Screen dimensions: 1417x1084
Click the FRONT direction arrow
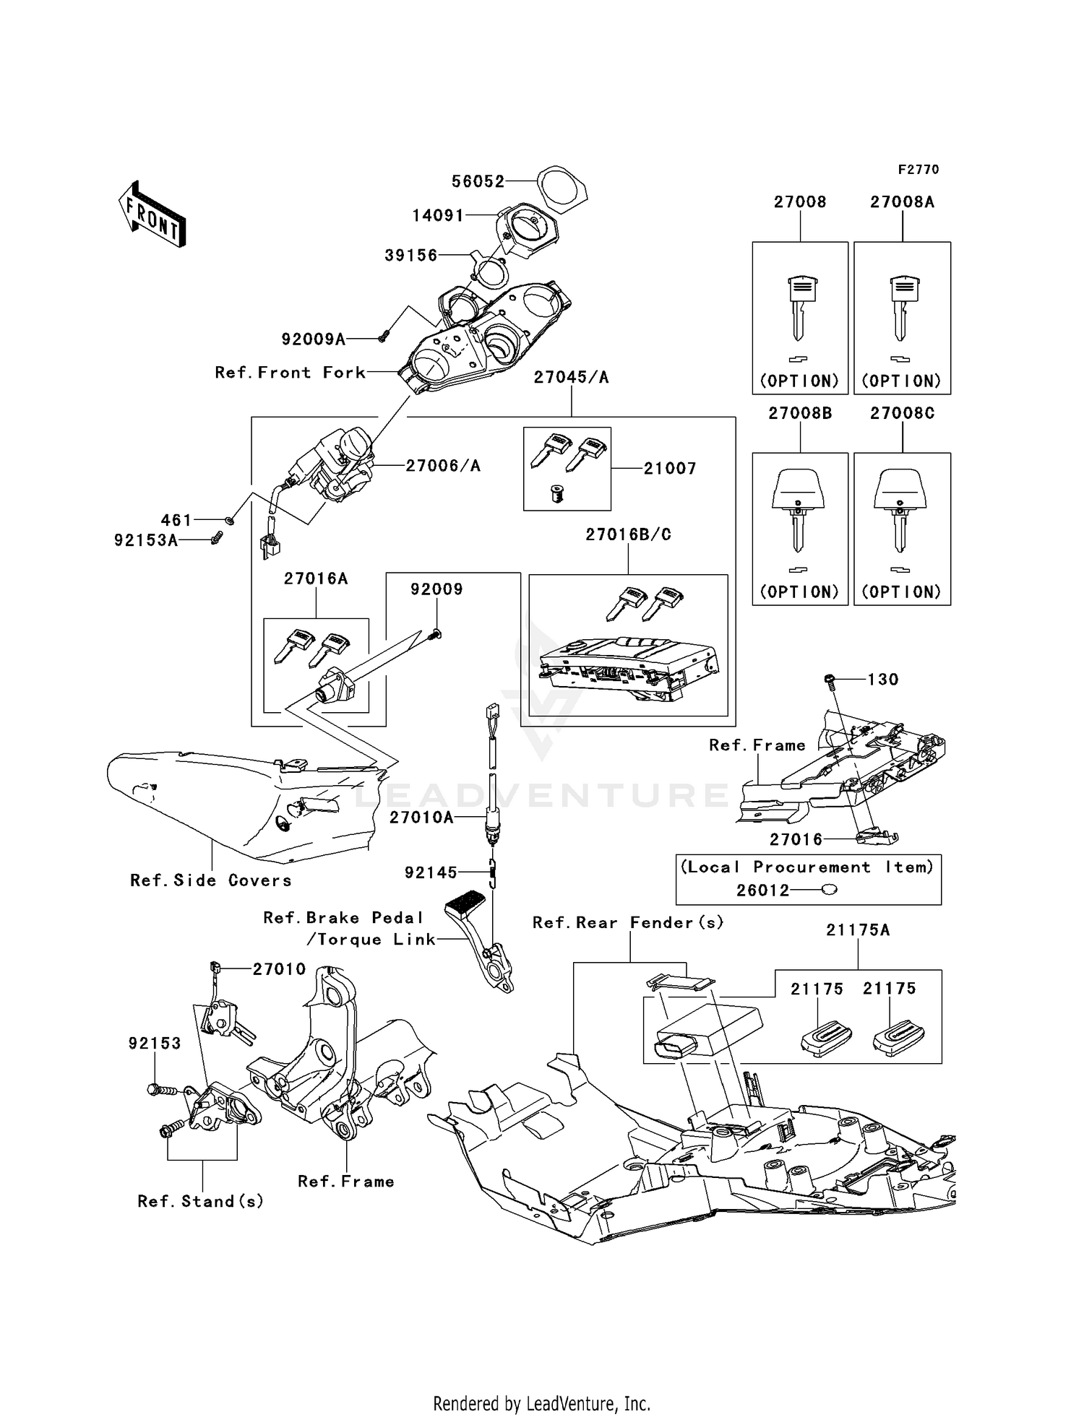pyautogui.click(x=152, y=214)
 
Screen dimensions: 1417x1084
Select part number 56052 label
pyautogui.click(x=478, y=181)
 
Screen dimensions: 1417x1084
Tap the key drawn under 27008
pyautogui.click(x=800, y=308)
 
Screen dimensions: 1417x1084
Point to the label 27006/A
pyautogui.click(x=442, y=466)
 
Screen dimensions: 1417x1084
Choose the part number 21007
pyautogui.click(x=670, y=469)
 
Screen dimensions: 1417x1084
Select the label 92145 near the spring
pyautogui.click(x=431, y=873)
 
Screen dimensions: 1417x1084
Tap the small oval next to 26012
pyautogui.click(x=830, y=890)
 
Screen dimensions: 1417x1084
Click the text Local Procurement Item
pyautogui.click(x=807, y=867)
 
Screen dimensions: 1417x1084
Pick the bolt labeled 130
pyautogui.click(x=830, y=679)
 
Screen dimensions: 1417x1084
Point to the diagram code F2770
pyautogui.click(x=918, y=170)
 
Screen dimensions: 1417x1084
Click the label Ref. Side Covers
pyautogui.click(x=211, y=880)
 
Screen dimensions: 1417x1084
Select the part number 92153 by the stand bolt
pyautogui.click(x=155, y=1044)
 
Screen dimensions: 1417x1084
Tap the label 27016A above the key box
pyautogui.click(x=316, y=578)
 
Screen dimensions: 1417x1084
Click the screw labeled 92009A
pyautogui.click(x=384, y=335)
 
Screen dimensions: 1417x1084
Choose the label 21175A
pyautogui.click(x=858, y=930)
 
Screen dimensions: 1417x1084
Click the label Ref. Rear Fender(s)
pyautogui.click(x=628, y=923)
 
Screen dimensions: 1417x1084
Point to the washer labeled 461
pyautogui.click(x=230, y=520)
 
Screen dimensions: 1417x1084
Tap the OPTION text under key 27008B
pyautogui.click(x=799, y=591)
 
